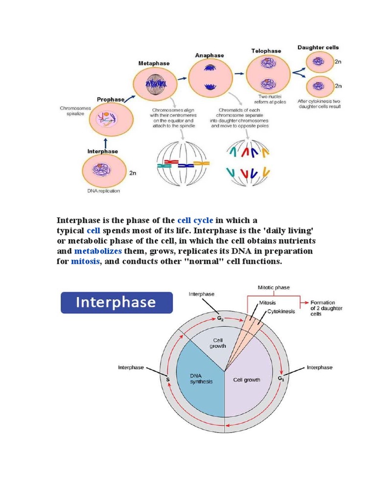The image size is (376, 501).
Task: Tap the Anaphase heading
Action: click(x=209, y=55)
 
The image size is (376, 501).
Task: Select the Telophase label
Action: click(x=266, y=51)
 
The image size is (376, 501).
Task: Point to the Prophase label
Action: click(x=110, y=99)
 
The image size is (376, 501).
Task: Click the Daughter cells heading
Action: click(x=318, y=47)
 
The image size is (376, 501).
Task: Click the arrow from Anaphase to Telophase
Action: click(x=239, y=73)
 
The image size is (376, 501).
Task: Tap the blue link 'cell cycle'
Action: click(x=195, y=220)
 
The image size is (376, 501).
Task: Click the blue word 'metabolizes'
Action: click(x=98, y=251)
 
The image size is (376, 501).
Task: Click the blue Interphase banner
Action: click(x=116, y=302)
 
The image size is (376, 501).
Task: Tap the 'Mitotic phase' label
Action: click(x=274, y=288)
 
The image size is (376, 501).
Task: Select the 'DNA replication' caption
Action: click(x=103, y=191)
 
